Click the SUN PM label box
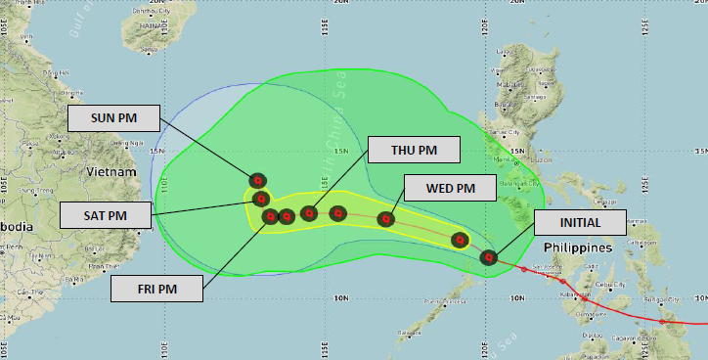point(114,118)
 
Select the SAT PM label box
point(106,214)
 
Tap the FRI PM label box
point(156,288)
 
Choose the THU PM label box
point(415,150)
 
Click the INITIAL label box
point(580,222)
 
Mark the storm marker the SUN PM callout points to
point(257,180)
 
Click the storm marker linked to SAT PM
point(261,200)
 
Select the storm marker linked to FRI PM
point(271,216)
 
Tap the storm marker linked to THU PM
point(309,213)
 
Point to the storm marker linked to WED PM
point(386,220)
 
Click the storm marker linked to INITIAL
point(489,257)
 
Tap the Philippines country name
point(577,247)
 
